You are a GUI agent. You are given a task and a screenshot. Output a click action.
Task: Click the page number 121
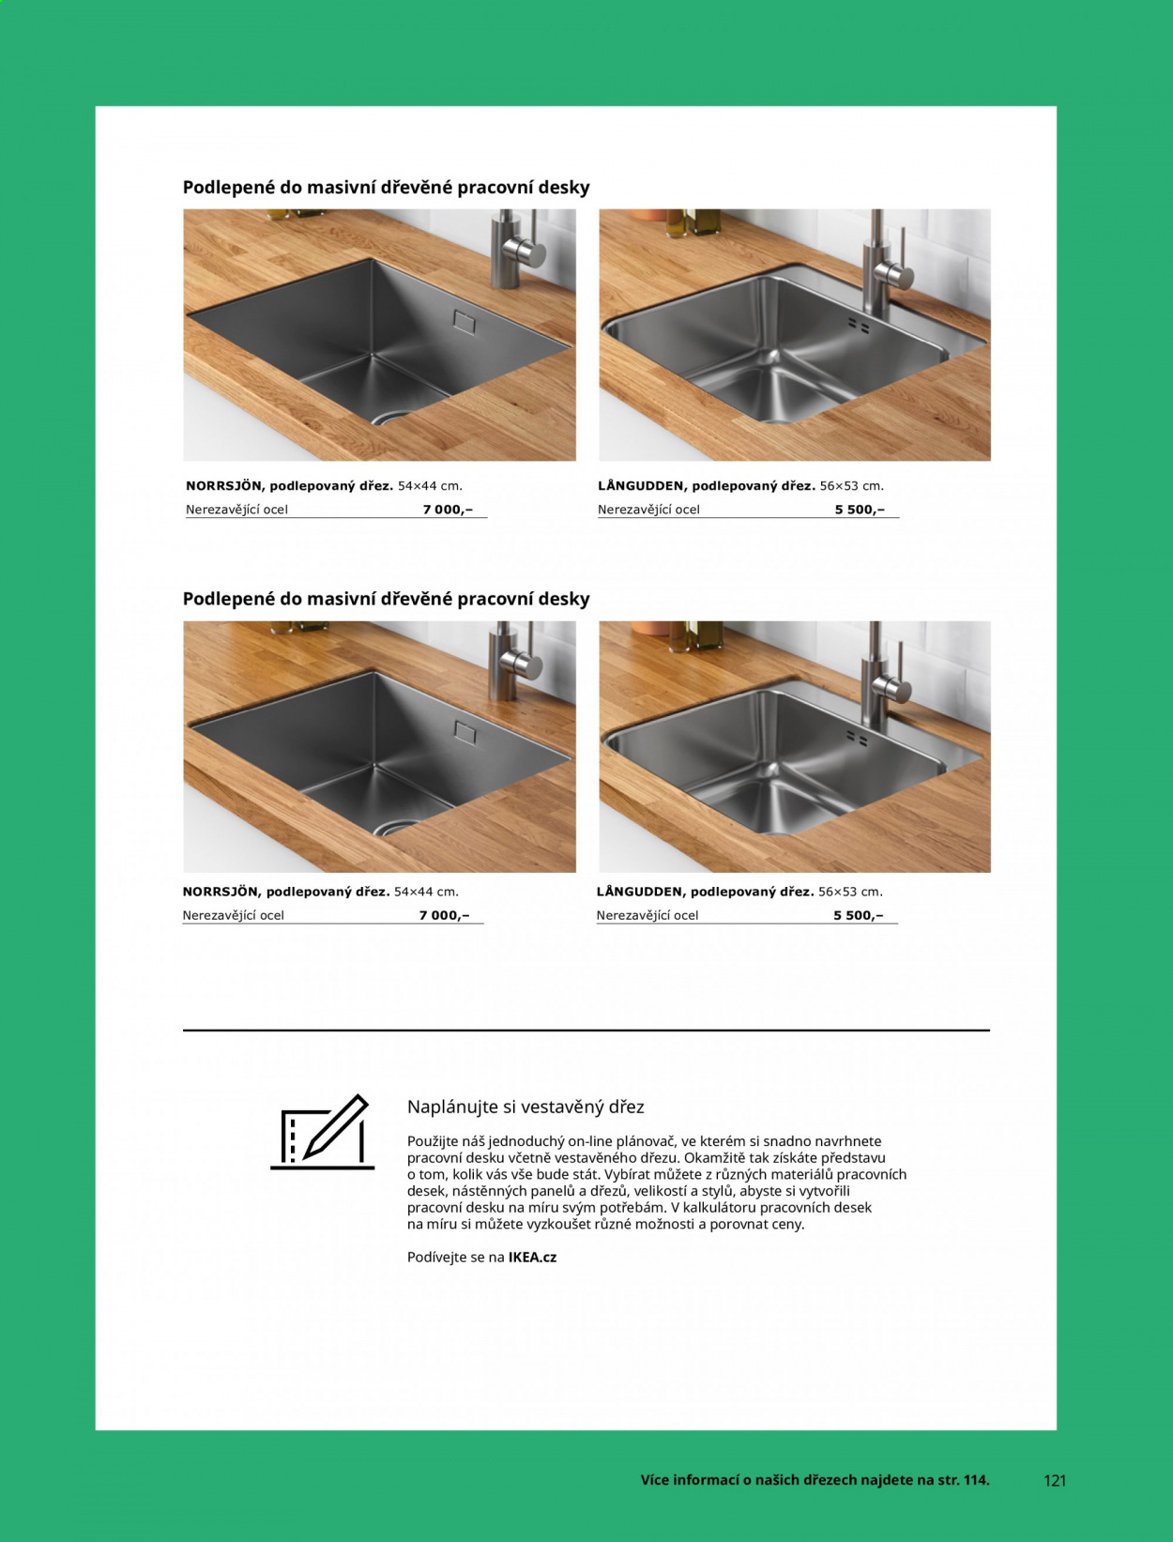pyautogui.click(x=1055, y=1480)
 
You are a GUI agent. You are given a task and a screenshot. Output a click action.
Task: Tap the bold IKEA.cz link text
pyautogui.click(x=532, y=1257)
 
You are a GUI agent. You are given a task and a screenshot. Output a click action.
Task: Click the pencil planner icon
pyautogui.click(x=323, y=1132)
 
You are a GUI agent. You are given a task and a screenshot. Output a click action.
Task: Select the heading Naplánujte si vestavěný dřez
pyautogui.click(x=526, y=1107)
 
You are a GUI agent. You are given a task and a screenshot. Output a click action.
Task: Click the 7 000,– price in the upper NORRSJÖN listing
pyautogui.click(x=448, y=510)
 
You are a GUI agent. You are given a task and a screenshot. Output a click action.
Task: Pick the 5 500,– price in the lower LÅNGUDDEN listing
pyautogui.click(x=859, y=915)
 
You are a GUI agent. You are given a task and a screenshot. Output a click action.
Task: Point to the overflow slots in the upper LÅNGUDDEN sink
pyautogui.click(x=859, y=326)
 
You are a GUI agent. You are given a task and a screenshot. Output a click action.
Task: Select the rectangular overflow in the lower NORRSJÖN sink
pyautogui.click(x=465, y=730)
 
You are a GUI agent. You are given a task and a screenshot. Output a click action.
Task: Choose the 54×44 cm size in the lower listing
pyautogui.click(x=426, y=892)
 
